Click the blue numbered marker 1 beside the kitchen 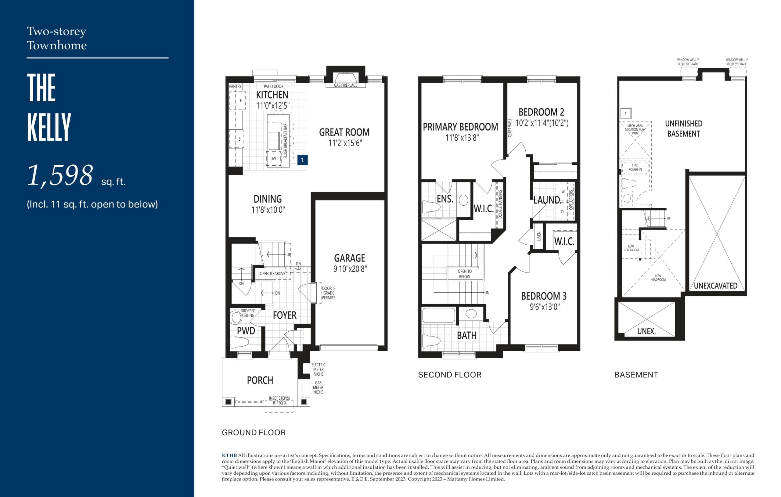point(302,160)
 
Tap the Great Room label point(344,132)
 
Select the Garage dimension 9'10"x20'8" point(350,269)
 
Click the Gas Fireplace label point(345,85)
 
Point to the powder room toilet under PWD point(239,342)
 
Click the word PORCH point(260,380)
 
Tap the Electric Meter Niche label point(318,369)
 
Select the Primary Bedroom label point(460,127)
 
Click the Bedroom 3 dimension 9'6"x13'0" point(545,307)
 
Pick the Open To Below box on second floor point(464,274)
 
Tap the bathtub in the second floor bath point(438,315)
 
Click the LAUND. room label point(547,200)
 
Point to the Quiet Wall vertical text point(509,128)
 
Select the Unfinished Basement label point(683,128)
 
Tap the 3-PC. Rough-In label point(635,168)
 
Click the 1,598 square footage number point(60,175)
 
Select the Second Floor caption point(449,375)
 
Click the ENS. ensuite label point(445,199)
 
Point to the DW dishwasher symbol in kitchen point(273,159)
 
